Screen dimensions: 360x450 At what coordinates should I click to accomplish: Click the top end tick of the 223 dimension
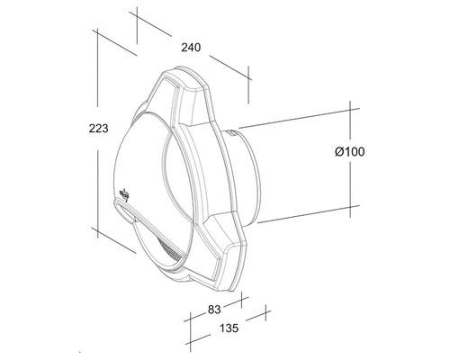[x=95, y=33]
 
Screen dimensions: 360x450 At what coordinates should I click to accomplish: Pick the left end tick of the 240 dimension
[x=137, y=16]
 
